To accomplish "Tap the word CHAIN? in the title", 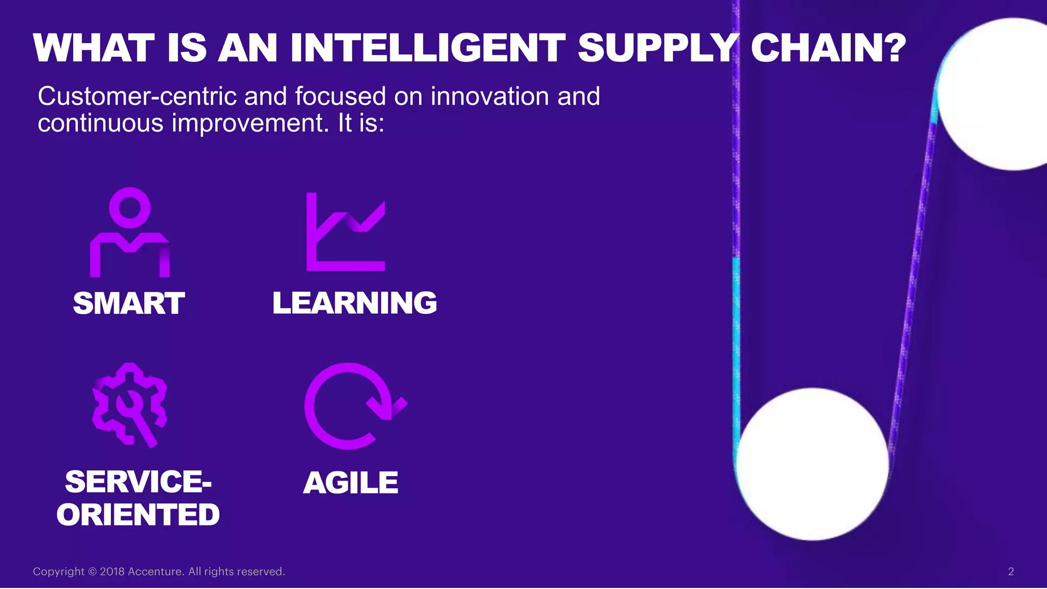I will tap(828, 48).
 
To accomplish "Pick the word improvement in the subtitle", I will tap(250, 123).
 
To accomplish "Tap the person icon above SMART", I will tap(130, 233).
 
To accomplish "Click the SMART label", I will tap(129, 303).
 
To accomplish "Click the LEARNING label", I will tap(355, 303).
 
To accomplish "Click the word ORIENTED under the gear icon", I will tap(138, 514).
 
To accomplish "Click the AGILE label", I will tap(351, 483).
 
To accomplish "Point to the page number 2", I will tap(1011, 572).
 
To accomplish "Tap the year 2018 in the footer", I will tap(112, 572).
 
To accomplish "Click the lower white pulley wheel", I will tap(812, 464).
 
